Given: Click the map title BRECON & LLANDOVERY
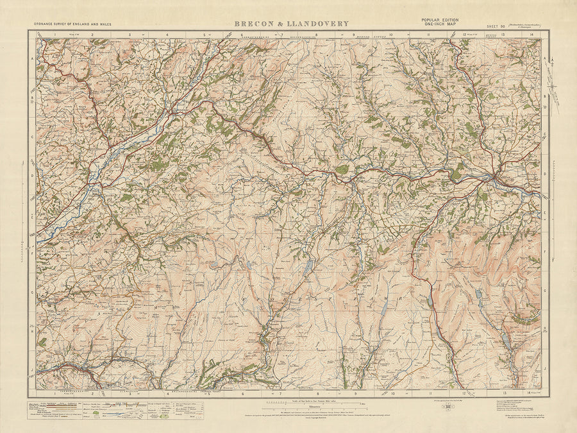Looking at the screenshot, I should point(291,24).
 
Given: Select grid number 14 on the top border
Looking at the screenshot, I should point(530,35).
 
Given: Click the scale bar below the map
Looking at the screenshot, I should point(314,404).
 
